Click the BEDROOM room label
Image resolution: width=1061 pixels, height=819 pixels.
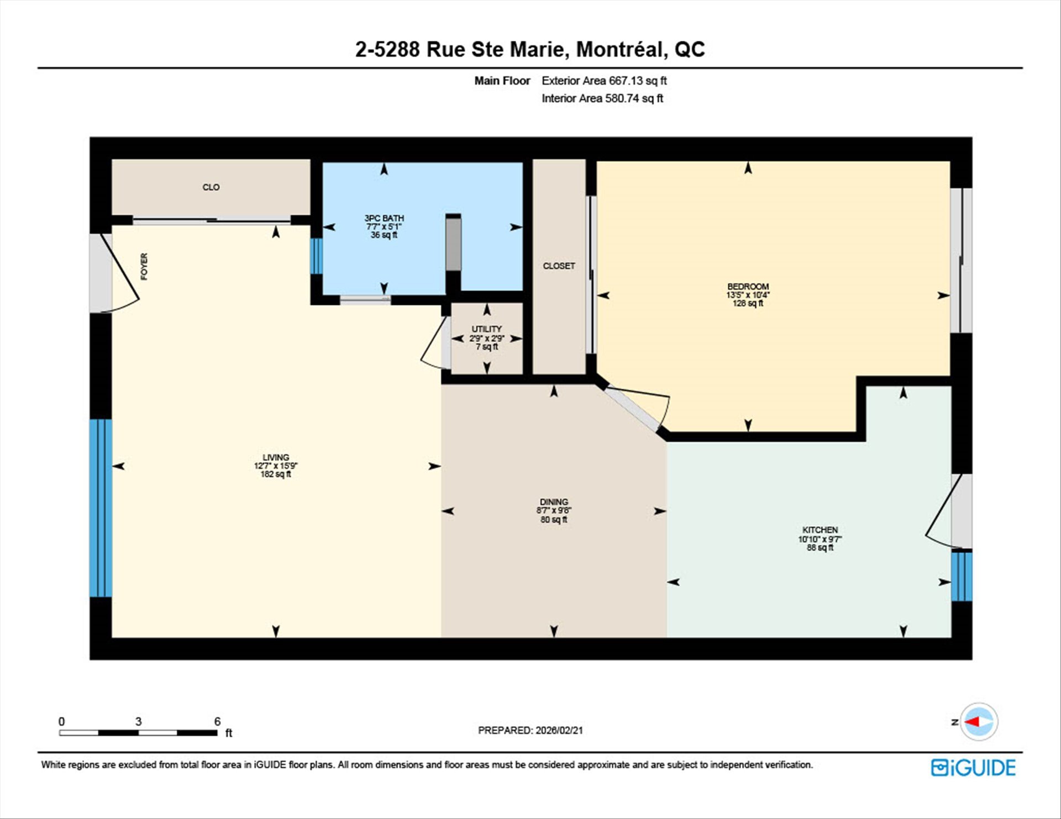(x=748, y=287)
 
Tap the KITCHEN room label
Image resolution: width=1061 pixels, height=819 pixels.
(x=820, y=530)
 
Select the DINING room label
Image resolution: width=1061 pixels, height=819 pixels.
(x=554, y=502)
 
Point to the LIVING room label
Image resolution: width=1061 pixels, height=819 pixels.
(x=276, y=457)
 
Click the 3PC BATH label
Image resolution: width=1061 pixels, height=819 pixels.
(x=384, y=218)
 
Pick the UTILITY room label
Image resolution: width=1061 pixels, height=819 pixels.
(x=486, y=329)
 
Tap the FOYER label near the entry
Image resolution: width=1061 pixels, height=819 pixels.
(x=144, y=266)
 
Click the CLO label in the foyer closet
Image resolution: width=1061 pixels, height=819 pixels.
(x=211, y=187)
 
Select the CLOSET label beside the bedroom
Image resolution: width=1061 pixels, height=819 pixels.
(x=559, y=266)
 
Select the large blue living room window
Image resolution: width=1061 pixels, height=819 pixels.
(x=101, y=508)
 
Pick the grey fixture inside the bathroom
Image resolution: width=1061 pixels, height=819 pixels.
(x=453, y=243)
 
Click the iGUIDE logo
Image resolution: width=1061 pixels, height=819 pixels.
(x=973, y=768)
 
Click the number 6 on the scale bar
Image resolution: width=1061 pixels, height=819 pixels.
(x=217, y=721)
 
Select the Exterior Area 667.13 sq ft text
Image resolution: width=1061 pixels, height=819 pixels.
(x=604, y=81)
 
